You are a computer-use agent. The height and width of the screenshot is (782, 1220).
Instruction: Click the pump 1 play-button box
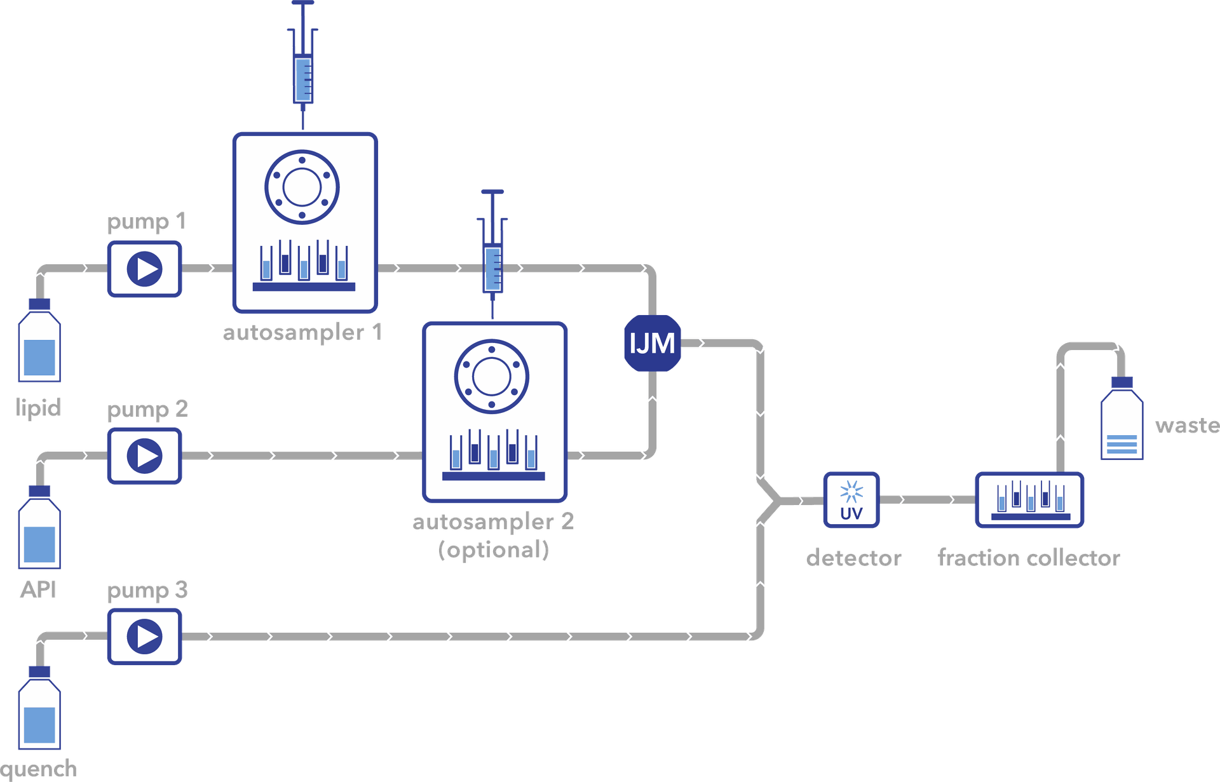144,268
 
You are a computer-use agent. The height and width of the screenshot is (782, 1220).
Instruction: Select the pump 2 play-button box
144,455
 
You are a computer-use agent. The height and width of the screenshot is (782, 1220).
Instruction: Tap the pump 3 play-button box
144,637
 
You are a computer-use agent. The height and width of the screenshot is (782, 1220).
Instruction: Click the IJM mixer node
652,343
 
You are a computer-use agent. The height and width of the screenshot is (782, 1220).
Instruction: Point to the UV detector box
851,500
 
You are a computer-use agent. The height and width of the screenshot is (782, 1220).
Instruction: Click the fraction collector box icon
1029,500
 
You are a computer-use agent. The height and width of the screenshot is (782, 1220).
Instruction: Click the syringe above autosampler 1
303,64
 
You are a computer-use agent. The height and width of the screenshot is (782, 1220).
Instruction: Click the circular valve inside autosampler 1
302,187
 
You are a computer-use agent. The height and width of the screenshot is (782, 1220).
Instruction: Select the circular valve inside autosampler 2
491,377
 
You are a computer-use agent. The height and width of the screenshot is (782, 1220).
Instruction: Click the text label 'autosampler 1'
302,332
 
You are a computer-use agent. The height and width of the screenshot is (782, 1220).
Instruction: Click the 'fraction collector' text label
1029,558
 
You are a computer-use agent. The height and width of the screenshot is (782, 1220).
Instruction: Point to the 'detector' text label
853,558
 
